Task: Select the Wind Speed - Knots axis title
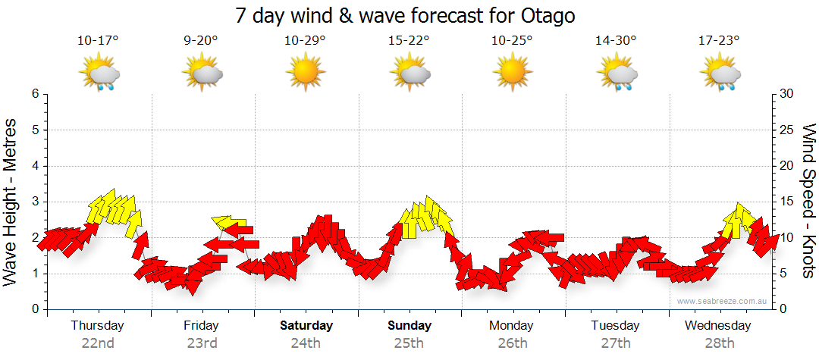[x=808, y=201]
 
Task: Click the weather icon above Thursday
[x=99, y=73]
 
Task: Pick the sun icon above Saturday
[x=305, y=73]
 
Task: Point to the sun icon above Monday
[x=511, y=73]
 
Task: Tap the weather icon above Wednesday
[x=718, y=73]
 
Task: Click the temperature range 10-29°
[x=305, y=41]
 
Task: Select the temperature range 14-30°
[x=615, y=41]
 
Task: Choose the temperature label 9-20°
[x=201, y=41]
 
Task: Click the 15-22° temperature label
[x=409, y=41]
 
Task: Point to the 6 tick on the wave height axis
[x=34, y=94]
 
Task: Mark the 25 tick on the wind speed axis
[x=787, y=130]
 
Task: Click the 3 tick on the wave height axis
[x=34, y=202]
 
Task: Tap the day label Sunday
[x=409, y=326]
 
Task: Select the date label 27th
[x=616, y=343]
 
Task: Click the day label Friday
[x=201, y=326]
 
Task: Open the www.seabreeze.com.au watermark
[x=723, y=301]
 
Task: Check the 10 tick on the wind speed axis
[x=787, y=237]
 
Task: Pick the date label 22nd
[x=98, y=343]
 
